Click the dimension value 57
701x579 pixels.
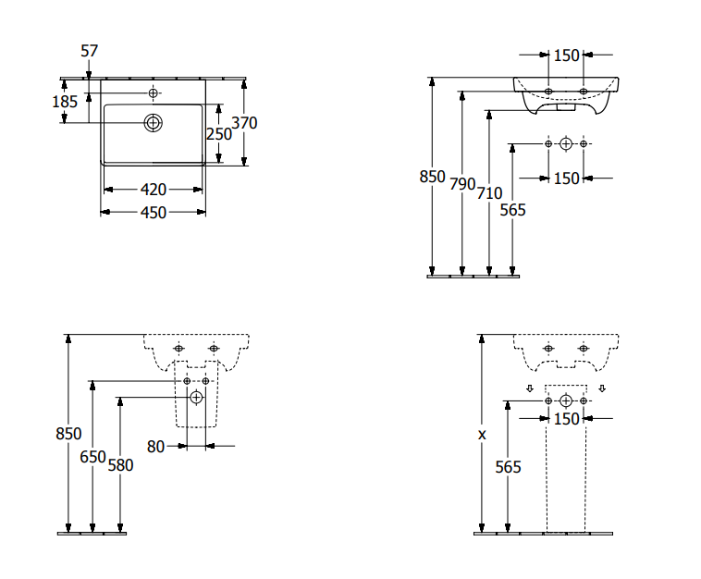pos(89,51)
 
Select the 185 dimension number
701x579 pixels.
pos(65,102)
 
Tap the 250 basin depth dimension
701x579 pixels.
pos(219,134)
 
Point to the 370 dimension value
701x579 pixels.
pos(244,122)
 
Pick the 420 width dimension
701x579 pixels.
pos(153,190)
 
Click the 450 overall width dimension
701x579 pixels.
pos(153,213)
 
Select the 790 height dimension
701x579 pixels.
pos(462,183)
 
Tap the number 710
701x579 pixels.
pos(489,193)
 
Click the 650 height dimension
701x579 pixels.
pos(92,457)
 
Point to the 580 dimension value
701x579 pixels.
pos(120,465)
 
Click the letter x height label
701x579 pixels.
pos(482,433)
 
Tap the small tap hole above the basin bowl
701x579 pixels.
pos(154,93)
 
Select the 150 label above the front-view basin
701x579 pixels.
pos(566,55)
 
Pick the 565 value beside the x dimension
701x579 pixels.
pos(508,467)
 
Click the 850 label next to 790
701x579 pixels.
pos(432,177)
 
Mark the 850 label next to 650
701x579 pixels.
pos(68,434)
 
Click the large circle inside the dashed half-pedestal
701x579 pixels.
pos(196,398)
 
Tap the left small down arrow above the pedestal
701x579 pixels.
pos(530,388)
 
